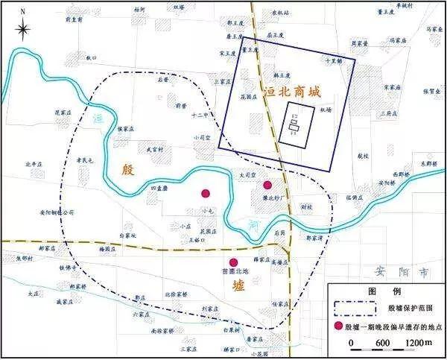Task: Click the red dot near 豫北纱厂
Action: click(267, 185)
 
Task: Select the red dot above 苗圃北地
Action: click(234, 262)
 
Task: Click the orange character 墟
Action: click(237, 286)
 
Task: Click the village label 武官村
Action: click(154, 150)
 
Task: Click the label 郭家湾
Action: click(316, 239)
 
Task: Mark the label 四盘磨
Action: click(160, 189)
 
